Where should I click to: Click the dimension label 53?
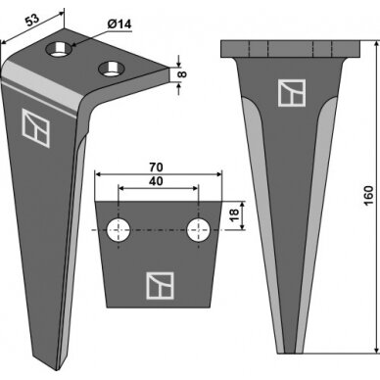pyautogui.click(x=32, y=21)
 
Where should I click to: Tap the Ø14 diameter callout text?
pyautogui.click(x=119, y=24)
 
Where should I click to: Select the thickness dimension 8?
pyautogui.click(x=183, y=73)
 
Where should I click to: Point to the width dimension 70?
pyautogui.click(x=156, y=167)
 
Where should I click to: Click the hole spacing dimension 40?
pyautogui.click(x=156, y=181)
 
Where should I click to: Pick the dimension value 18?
pyautogui.click(x=234, y=215)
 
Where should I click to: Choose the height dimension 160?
pyautogui.click(x=368, y=195)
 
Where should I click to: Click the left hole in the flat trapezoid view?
pyautogui.click(x=119, y=230)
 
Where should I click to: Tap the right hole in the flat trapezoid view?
pyautogui.click(x=198, y=230)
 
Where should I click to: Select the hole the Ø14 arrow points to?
pyautogui.click(x=59, y=49)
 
